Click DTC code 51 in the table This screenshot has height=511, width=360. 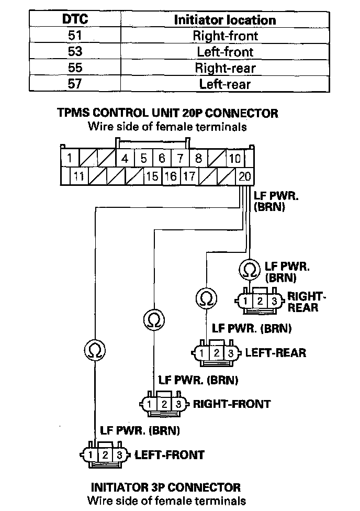point(75,35)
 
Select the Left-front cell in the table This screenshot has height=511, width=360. point(225,51)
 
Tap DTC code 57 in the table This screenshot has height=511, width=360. point(75,84)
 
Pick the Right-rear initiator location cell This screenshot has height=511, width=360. point(225,68)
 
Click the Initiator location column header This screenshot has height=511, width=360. point(225,20)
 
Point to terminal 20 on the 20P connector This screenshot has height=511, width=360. point(245,176)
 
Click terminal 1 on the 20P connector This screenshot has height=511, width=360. point(70,159)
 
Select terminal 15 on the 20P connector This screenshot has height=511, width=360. point(152,176)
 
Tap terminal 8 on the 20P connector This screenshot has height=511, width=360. point(198,159)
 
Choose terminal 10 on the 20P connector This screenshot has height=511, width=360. point(235,159)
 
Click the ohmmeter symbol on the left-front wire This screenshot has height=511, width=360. point(95,351)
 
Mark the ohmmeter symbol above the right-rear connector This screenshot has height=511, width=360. point(250,270)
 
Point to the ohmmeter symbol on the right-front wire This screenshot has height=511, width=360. point(154,320)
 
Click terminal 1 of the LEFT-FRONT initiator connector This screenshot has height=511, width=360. point(91,455)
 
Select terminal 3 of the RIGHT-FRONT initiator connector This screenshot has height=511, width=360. point(178,404)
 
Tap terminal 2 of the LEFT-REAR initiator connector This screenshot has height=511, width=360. point(216,353)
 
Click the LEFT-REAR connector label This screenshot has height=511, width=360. point(276,352)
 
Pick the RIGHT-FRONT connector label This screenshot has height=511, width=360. point(232,404)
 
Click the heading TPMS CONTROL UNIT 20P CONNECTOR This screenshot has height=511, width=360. point(167,113)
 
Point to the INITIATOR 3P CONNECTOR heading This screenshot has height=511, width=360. point(166,487)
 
